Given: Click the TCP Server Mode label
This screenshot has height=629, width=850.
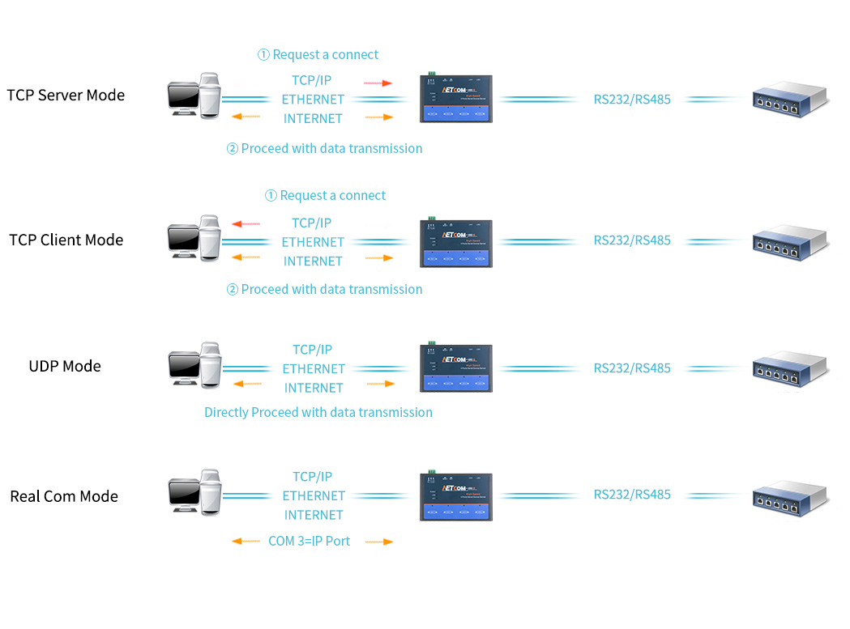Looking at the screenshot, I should point(66,95).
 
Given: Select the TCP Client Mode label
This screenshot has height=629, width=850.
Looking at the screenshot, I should point(66,240).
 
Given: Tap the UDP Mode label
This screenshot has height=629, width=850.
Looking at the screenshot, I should point(65,366).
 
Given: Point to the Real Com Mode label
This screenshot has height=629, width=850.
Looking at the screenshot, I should point(64,496).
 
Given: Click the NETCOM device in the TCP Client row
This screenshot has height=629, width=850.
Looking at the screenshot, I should point(456,242).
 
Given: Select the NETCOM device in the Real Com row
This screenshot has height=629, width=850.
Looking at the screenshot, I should point(456,496).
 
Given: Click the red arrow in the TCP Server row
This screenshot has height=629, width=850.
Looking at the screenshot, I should point(378,83).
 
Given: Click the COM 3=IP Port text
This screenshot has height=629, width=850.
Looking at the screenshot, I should point(309,541).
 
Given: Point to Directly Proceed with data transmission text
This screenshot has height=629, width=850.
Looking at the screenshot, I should point(318,412).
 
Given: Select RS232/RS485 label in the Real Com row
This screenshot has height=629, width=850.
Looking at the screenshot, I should point(632,494).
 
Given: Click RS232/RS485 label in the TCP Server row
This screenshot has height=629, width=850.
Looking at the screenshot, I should point(632,100).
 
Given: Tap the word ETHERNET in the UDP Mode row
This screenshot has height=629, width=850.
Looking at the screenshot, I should point(314,368).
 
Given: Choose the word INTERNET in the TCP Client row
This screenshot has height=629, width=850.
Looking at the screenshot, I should point(313,261).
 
